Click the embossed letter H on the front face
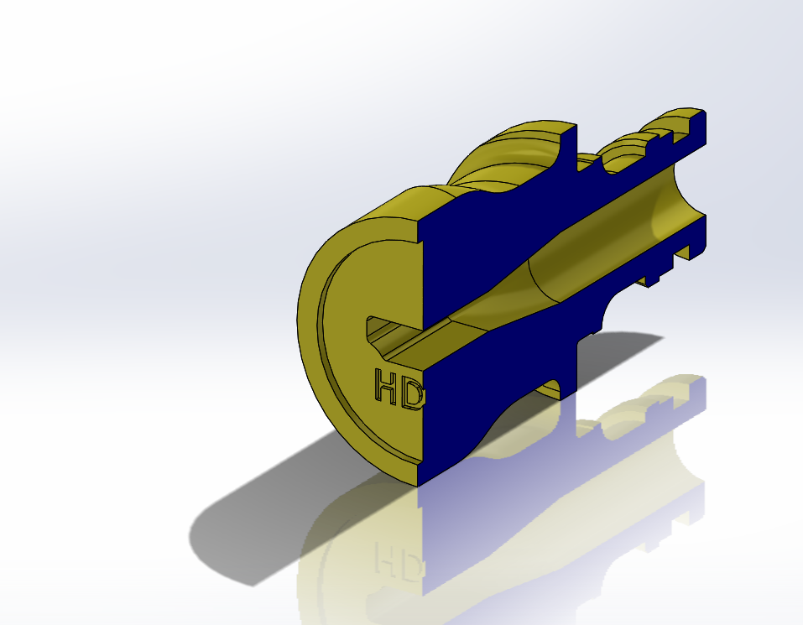387,386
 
